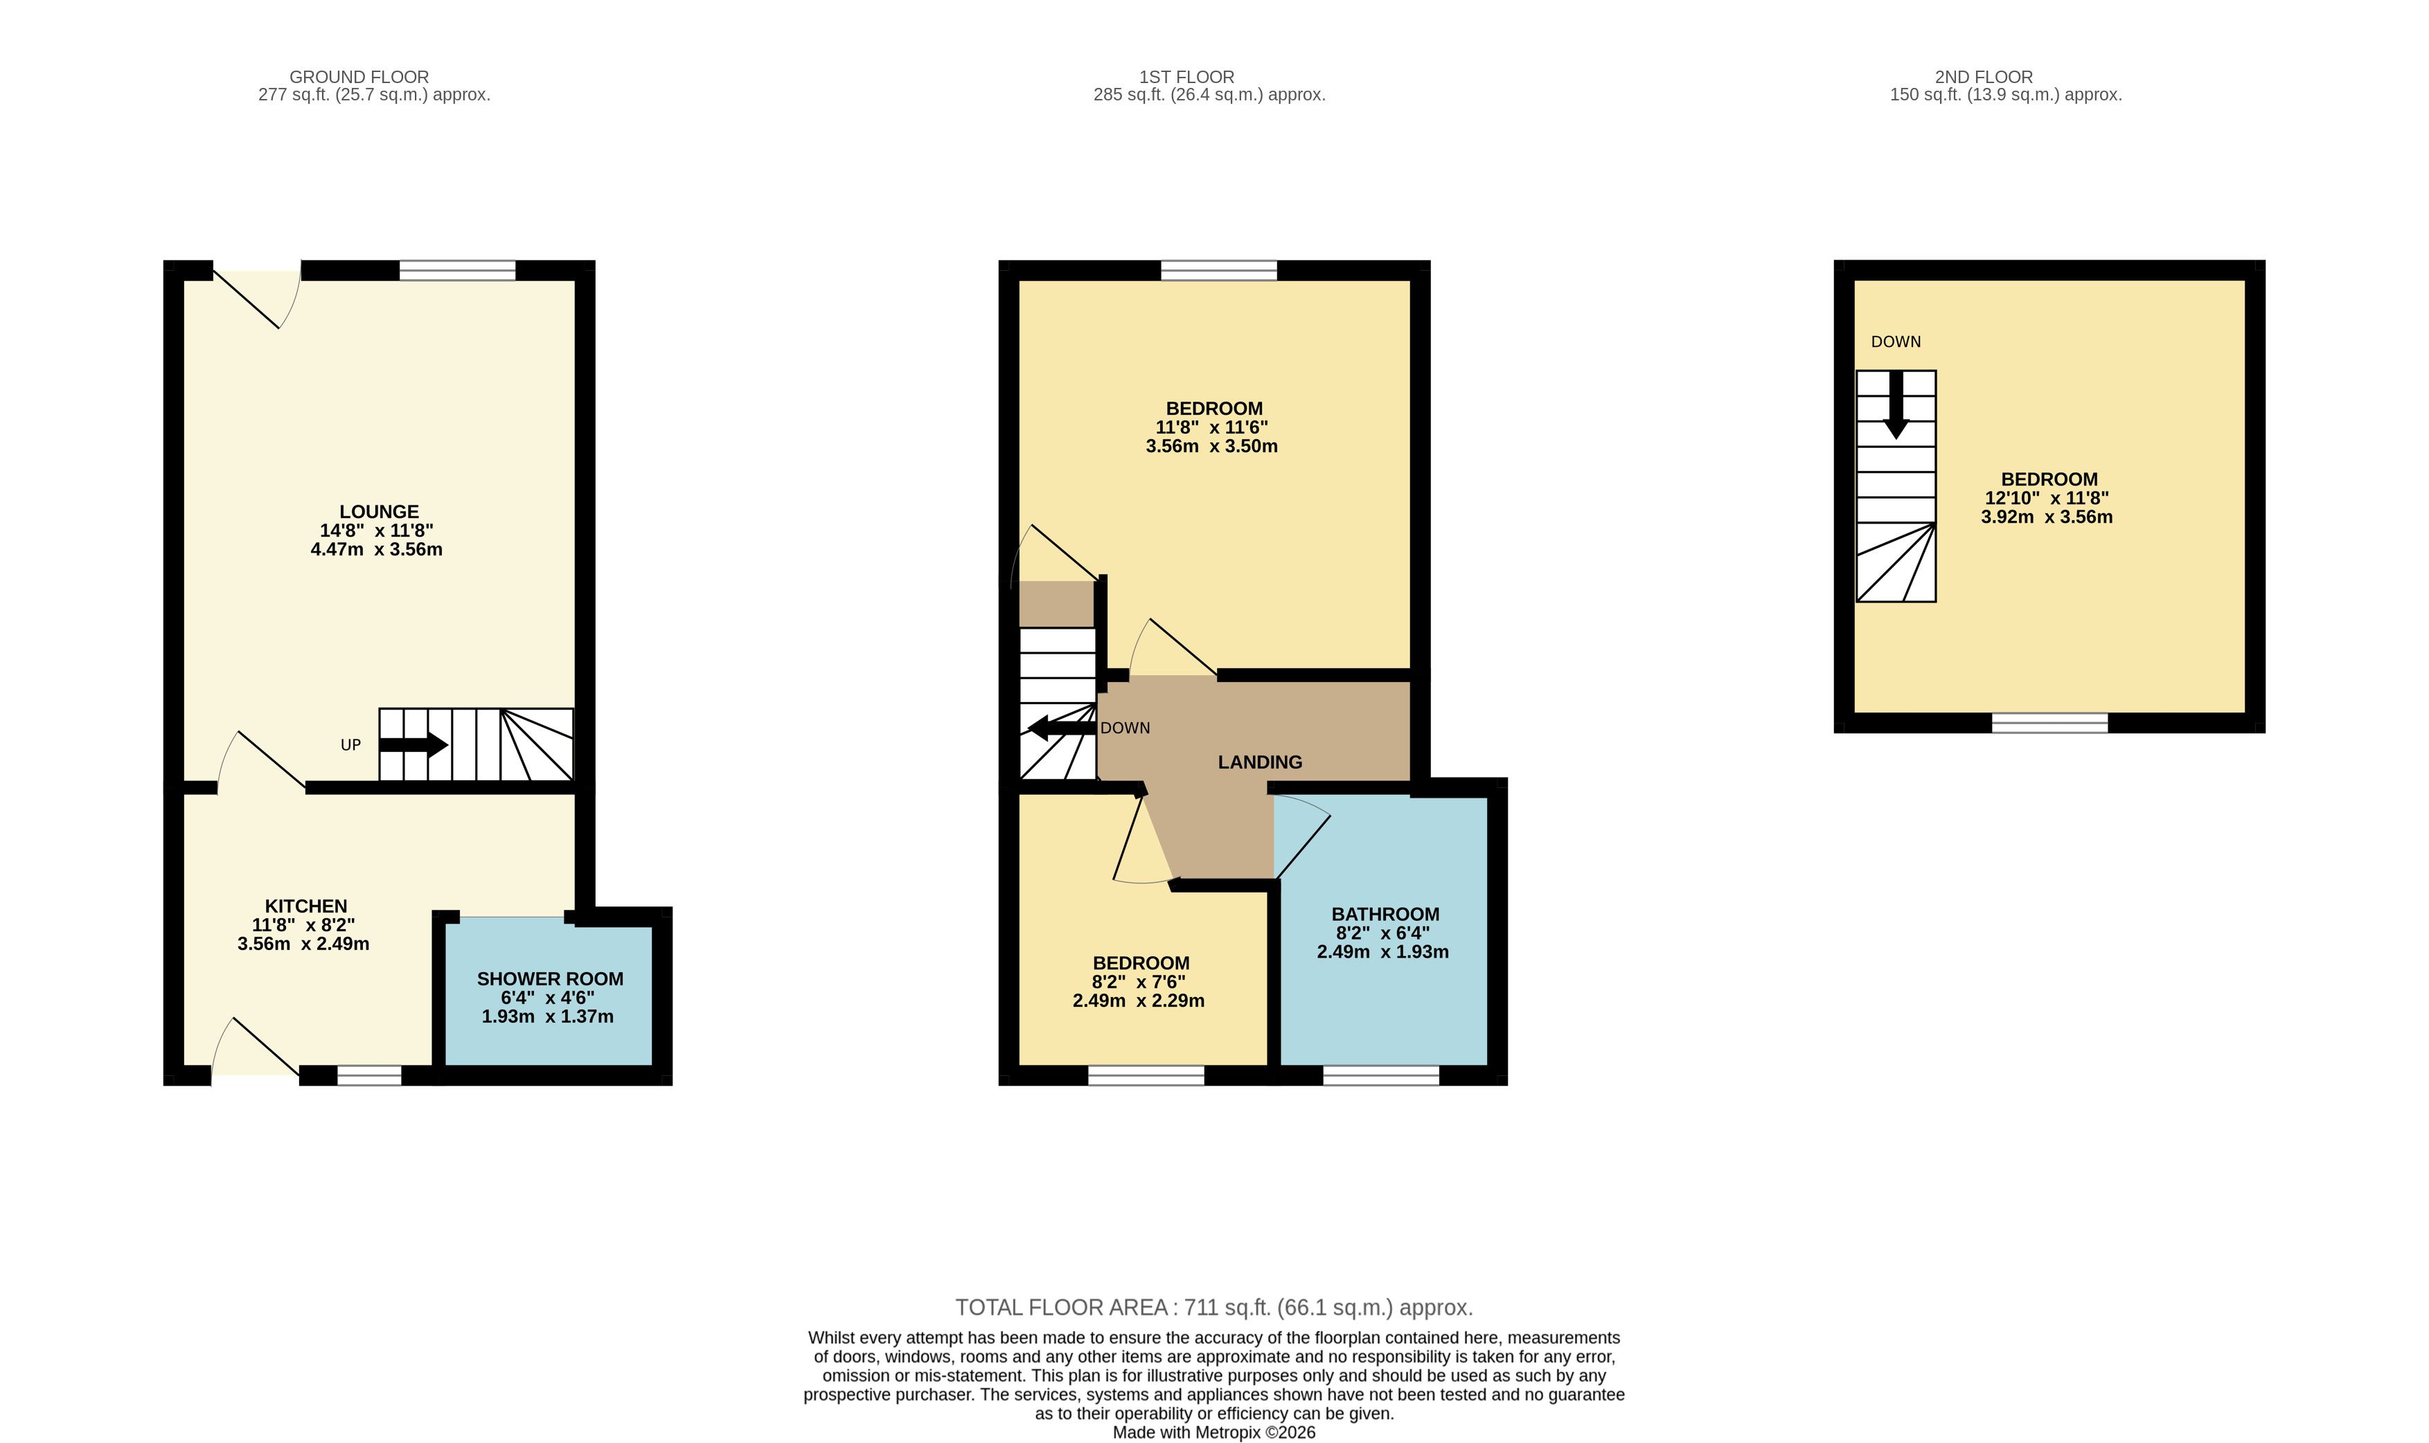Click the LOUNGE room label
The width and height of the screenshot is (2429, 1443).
(x=380, y=512)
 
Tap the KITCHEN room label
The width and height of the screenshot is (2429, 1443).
(x=305, y=906)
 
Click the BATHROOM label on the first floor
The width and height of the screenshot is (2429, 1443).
(x=1385, y=914)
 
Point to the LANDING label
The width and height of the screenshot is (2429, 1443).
(x=1260, y=762)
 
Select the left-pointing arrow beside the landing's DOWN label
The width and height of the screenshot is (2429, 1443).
(x=1062, y=727)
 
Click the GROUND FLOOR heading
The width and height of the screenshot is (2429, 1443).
(x=359, y=77)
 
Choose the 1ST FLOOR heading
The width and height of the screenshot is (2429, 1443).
(x=1186, y=77)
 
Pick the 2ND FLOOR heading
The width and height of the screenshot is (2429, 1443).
(x=1984, y=77)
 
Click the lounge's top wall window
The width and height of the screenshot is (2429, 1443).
(x=457, y=270)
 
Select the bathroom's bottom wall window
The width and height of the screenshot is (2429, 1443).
(x=1381, y=1075)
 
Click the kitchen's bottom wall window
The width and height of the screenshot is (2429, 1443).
(x=369, y=1075)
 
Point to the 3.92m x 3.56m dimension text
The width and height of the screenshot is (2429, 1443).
(x=2047, y=517)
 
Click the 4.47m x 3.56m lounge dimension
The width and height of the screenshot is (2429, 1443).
(x=376, y=549)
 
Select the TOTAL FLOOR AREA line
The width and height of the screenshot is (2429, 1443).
(x=1213, y=1308)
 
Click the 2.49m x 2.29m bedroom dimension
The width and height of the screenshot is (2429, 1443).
(x=1139, y=1001)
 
